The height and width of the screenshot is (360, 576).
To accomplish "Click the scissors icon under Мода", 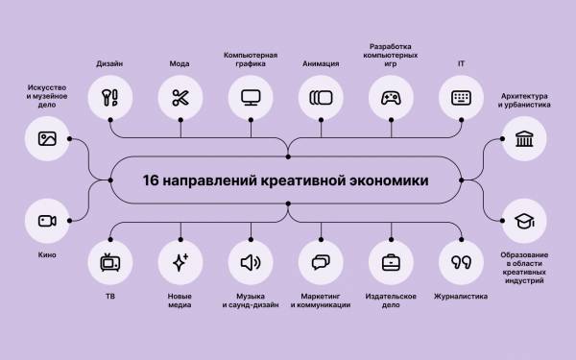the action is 180,98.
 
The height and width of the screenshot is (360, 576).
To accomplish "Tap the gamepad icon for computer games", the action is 391,98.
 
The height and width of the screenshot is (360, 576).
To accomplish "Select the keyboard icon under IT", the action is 461,98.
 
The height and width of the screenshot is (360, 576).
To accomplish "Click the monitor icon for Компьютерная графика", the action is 251,98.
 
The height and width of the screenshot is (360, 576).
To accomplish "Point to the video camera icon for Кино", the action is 47,221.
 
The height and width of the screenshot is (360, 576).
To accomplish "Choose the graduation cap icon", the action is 524,221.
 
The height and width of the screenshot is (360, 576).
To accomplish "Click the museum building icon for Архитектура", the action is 524,139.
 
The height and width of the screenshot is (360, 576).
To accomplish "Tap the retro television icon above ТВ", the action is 110,262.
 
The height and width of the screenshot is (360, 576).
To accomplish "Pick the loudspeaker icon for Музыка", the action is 251,262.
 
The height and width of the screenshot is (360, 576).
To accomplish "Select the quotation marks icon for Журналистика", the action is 461,262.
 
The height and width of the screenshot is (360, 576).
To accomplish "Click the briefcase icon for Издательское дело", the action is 391,262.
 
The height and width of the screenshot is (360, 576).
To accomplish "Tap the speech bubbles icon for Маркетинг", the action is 321,262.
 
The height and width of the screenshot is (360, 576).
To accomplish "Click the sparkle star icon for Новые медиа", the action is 180,262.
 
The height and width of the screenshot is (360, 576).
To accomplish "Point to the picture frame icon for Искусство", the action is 47,139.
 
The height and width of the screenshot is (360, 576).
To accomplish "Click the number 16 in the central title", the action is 151,180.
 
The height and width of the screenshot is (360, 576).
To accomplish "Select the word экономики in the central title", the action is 388,180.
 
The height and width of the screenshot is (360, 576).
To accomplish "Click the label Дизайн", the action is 109,64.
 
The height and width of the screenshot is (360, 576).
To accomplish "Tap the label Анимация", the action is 321,64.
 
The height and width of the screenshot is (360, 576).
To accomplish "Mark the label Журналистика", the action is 461,297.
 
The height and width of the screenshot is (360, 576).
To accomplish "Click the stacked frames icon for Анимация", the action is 321,98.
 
